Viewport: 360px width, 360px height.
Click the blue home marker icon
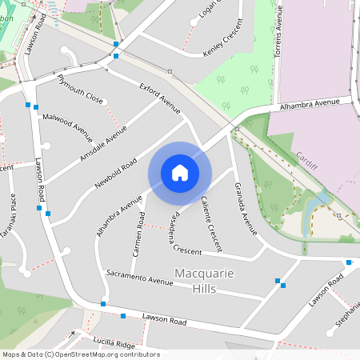pos(180,173)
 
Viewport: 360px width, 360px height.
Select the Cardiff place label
pos(306,161)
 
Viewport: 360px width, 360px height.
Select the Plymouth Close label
pos(80,88)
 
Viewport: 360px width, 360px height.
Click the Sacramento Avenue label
pos(140,278)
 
